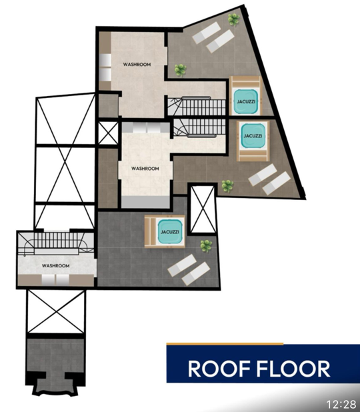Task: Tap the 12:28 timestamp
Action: (x=341, y=404)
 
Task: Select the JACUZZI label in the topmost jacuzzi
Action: (x=245, y=101)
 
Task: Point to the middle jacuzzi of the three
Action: (x=253, y=136)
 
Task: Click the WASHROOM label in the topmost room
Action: (x=137, y=65)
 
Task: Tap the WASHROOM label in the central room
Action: (x=145, y=169)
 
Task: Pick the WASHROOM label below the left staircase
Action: (x=56, y=266)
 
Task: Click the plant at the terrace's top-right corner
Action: (x=233, y=19)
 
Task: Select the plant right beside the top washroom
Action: (x=179, y=68)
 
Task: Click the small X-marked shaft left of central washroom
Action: (x=107, y=133)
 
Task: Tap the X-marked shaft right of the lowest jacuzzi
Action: (x=200, y=209)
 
